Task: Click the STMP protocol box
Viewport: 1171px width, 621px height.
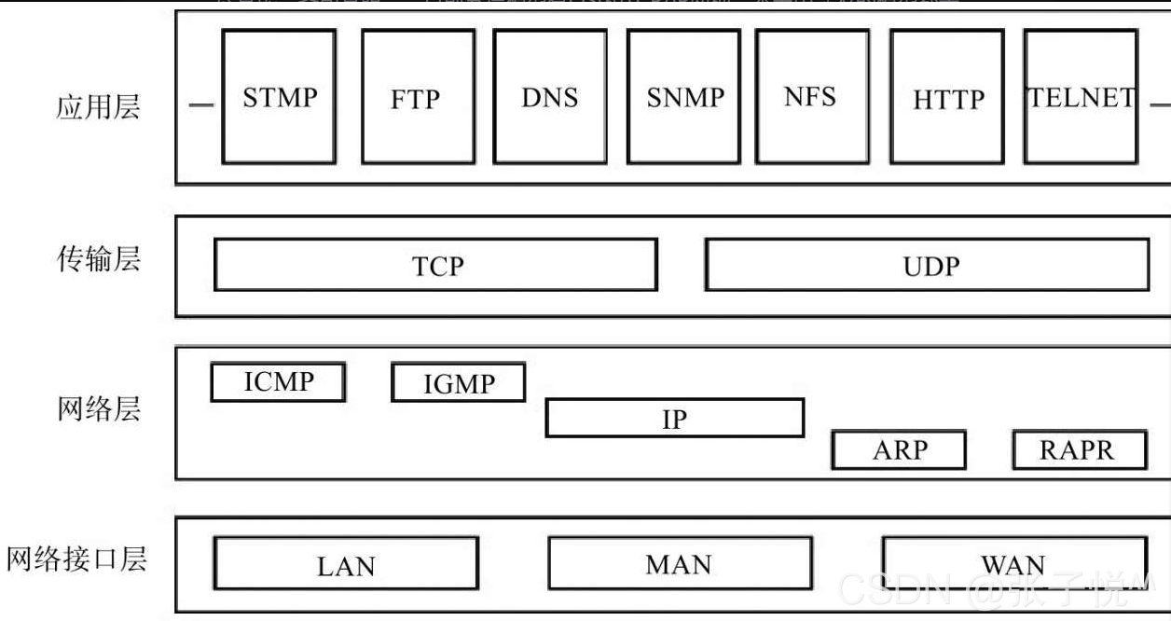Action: (x=279, y=97)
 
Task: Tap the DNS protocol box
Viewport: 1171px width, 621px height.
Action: (x=550, y=97)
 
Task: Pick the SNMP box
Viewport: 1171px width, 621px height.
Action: (x=684, y=97)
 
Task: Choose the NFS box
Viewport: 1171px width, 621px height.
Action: (x=810, y=97)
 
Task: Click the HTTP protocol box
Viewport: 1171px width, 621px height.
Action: (x=947, y=97)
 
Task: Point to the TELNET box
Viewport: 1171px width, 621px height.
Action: (x=1081, y=97)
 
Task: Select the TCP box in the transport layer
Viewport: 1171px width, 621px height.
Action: (x=436, y=265)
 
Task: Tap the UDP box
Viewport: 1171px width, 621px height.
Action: (x=928, y=265)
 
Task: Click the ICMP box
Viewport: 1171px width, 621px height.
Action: (x=278, y=382)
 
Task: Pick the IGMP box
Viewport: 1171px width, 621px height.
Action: (x=458, y=383)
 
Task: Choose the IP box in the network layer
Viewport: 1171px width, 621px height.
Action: (x=674, y=419)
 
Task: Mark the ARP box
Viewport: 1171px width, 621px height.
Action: (x=899, y=450)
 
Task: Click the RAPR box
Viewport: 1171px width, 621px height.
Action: (x=1079, y=450)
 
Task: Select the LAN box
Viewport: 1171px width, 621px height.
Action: (x=346, y=564)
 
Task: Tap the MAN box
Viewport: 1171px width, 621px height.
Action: (x=679, y=563)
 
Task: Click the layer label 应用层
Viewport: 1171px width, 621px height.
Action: (x=98, y=106)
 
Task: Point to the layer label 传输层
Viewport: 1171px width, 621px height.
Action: (x=98, y=258)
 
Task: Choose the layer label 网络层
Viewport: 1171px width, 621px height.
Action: (x=98, y=408)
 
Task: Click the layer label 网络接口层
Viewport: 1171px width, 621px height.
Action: (x=77, y=559)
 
